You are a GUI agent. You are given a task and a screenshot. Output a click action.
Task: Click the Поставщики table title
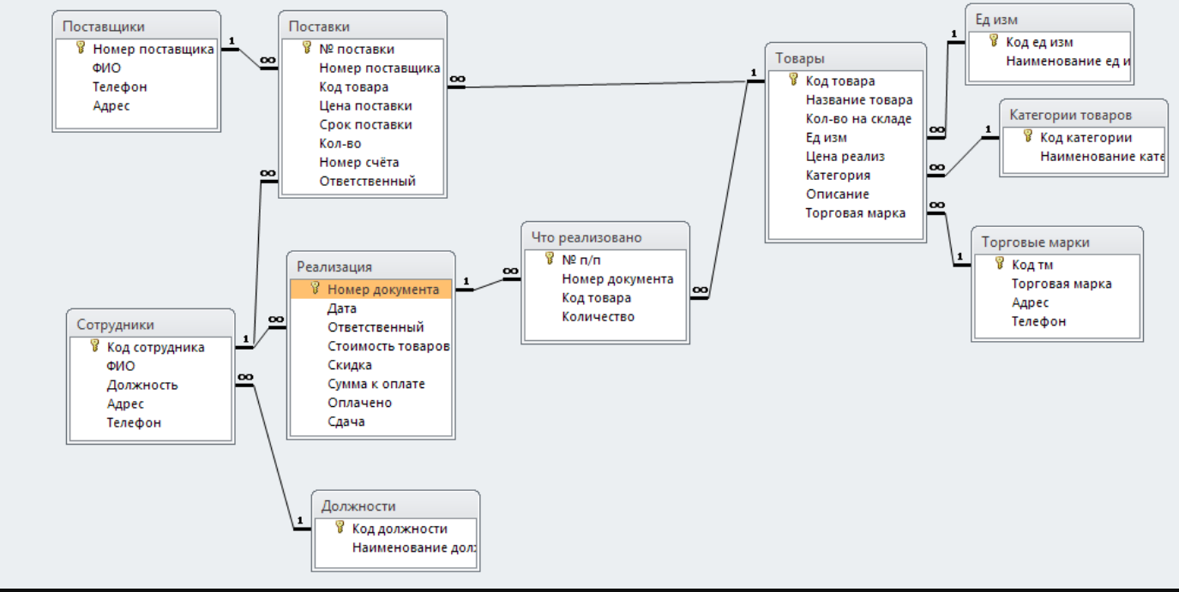(103, 27)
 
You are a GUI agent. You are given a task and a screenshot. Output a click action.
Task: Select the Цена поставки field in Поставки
(365, 105)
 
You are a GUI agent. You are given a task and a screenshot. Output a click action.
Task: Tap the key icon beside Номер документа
(315, 288)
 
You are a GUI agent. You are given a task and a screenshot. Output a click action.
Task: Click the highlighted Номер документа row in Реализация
(371, 290)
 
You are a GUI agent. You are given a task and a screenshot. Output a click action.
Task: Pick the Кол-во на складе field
(858, 119)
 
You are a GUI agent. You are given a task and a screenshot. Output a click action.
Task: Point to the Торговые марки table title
(1035, 242)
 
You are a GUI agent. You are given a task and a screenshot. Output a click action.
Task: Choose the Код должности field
(400, 529)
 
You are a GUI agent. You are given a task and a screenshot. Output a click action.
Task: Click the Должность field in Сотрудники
(142, 385)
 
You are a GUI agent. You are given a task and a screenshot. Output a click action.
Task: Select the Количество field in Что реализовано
(598, 316)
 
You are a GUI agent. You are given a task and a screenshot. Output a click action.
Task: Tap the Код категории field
(1086, 137)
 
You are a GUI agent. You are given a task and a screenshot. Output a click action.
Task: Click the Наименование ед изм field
(1068, 61)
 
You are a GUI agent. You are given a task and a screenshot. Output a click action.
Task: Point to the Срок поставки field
(365, 124)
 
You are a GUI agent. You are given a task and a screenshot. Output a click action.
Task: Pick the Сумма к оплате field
(376, 384)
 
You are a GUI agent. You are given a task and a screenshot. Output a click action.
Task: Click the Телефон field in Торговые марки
(1038, 321)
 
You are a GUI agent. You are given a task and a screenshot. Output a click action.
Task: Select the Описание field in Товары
(838, 194)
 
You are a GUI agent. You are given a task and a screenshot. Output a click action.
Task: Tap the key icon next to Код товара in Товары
(793, 80)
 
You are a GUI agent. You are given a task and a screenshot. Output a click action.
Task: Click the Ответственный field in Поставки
(367, 181)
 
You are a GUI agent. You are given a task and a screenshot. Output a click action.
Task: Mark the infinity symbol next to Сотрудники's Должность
(245, 377)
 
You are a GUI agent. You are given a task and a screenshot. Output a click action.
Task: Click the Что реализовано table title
(586, 237)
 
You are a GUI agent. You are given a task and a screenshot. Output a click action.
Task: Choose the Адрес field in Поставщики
(111, 105)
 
